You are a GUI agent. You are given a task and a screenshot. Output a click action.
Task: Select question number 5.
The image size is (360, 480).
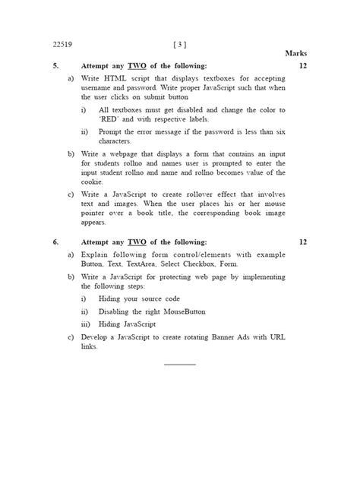(x=55, y=67)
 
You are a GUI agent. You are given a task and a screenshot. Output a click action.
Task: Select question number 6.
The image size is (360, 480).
(x=55, y=242)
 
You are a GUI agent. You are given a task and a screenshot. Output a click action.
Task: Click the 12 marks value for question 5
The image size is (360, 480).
(x=302, y=67)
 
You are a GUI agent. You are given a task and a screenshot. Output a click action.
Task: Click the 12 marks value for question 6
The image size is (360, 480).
(x=302, y=242)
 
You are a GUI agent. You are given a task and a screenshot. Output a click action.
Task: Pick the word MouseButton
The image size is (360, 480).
(x=185, y=311)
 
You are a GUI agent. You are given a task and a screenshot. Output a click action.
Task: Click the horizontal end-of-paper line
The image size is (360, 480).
(x=180, y=365)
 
